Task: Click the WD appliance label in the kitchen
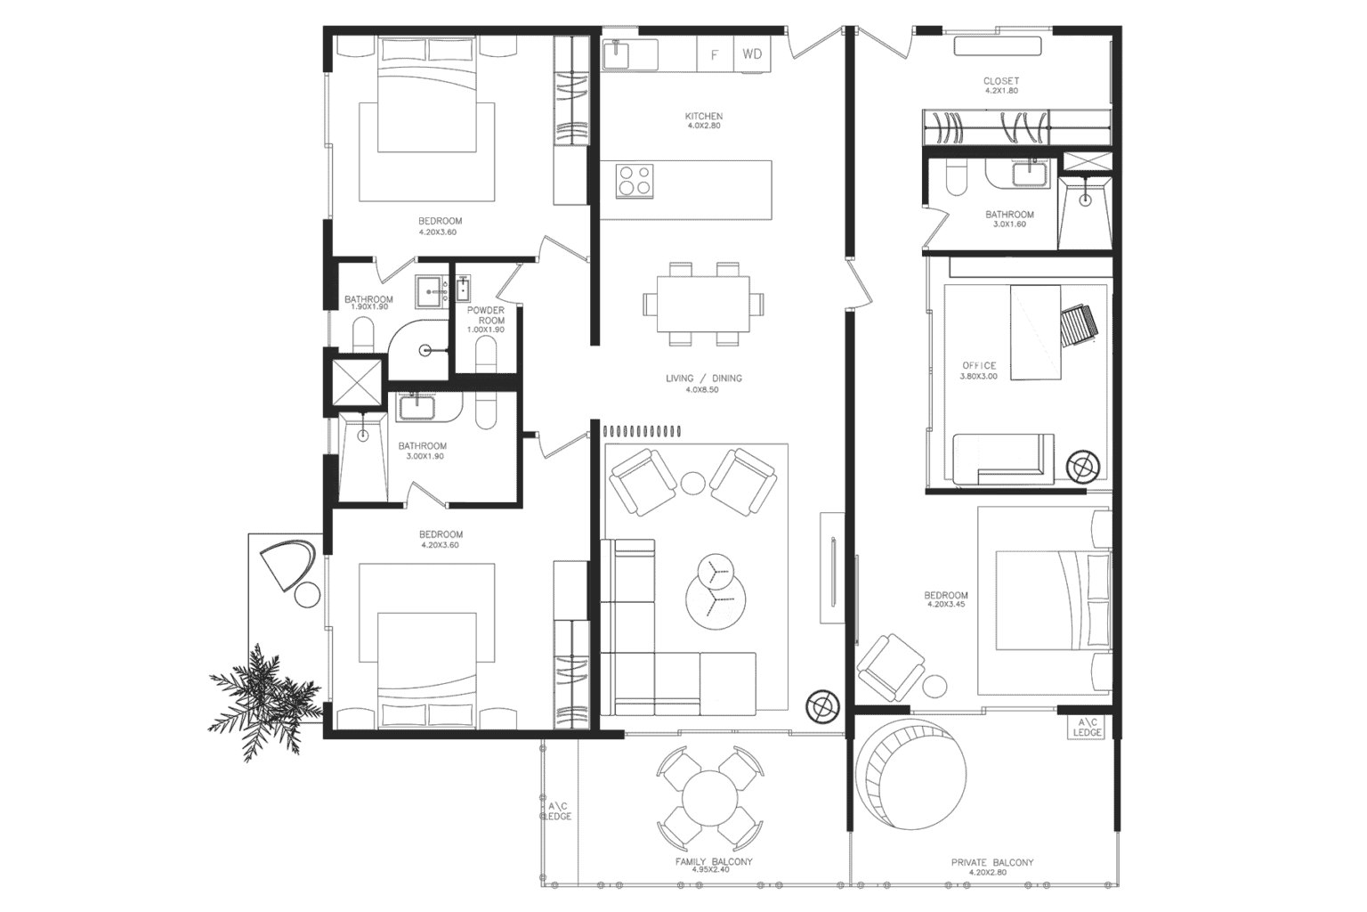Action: click(x=752, y=54)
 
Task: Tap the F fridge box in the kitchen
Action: click(x=714, y=55)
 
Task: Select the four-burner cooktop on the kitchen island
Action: click(x=635, y=180)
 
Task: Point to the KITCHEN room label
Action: click(x=703, y=117)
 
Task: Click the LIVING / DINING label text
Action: click(x=703, y=379)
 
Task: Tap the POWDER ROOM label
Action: click(x=486, y=315)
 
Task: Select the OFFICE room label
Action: click(x=979, y=366)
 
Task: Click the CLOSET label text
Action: click(x=1000, y=81)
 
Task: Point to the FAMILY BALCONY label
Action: click(x=713, y=862)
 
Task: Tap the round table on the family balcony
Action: click(x=711, y=798)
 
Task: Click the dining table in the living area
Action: click(x=703, y=304)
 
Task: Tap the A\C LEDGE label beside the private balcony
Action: click(x=1087, y=727)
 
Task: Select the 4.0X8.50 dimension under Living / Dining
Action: click(x=703, y=390)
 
